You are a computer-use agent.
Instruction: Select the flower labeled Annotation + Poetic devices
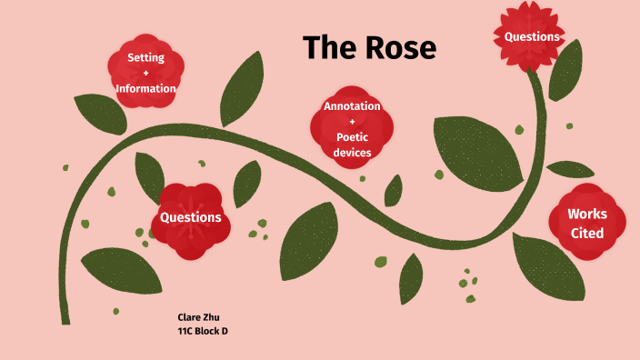[x=352, y=130]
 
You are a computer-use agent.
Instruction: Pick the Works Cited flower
[x=586, y=224]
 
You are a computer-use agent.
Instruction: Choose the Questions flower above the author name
[x=190, y=217]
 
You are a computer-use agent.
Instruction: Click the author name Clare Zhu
[x=198, y=316]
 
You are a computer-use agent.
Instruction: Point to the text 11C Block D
[x=203, y=331]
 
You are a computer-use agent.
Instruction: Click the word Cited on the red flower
[x=586, y=234]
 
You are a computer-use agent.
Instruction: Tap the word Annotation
[x=352, y=106]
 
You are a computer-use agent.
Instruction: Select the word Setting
[x=145, y=57]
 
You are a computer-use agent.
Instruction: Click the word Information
[x=145, y=89]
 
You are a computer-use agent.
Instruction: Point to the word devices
[x=352, y=153]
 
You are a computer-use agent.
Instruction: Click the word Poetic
[x=352, y=137]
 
